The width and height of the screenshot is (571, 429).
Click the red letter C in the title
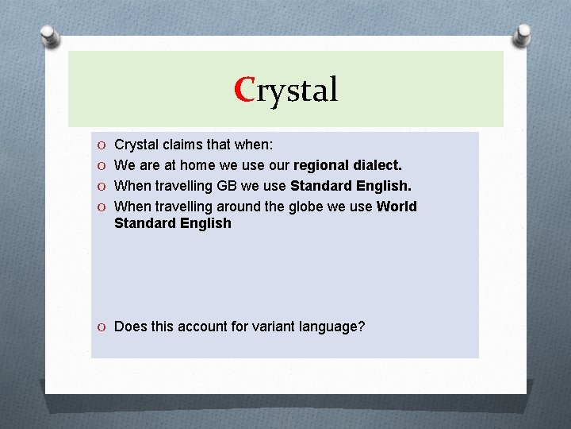pos(244,90)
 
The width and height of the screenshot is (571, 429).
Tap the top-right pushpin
pos(523,33)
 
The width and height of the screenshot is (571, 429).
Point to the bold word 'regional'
pos(320,165)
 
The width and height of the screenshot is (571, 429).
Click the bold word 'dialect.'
pos(376,165)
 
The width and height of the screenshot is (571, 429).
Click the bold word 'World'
pos(397,207)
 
